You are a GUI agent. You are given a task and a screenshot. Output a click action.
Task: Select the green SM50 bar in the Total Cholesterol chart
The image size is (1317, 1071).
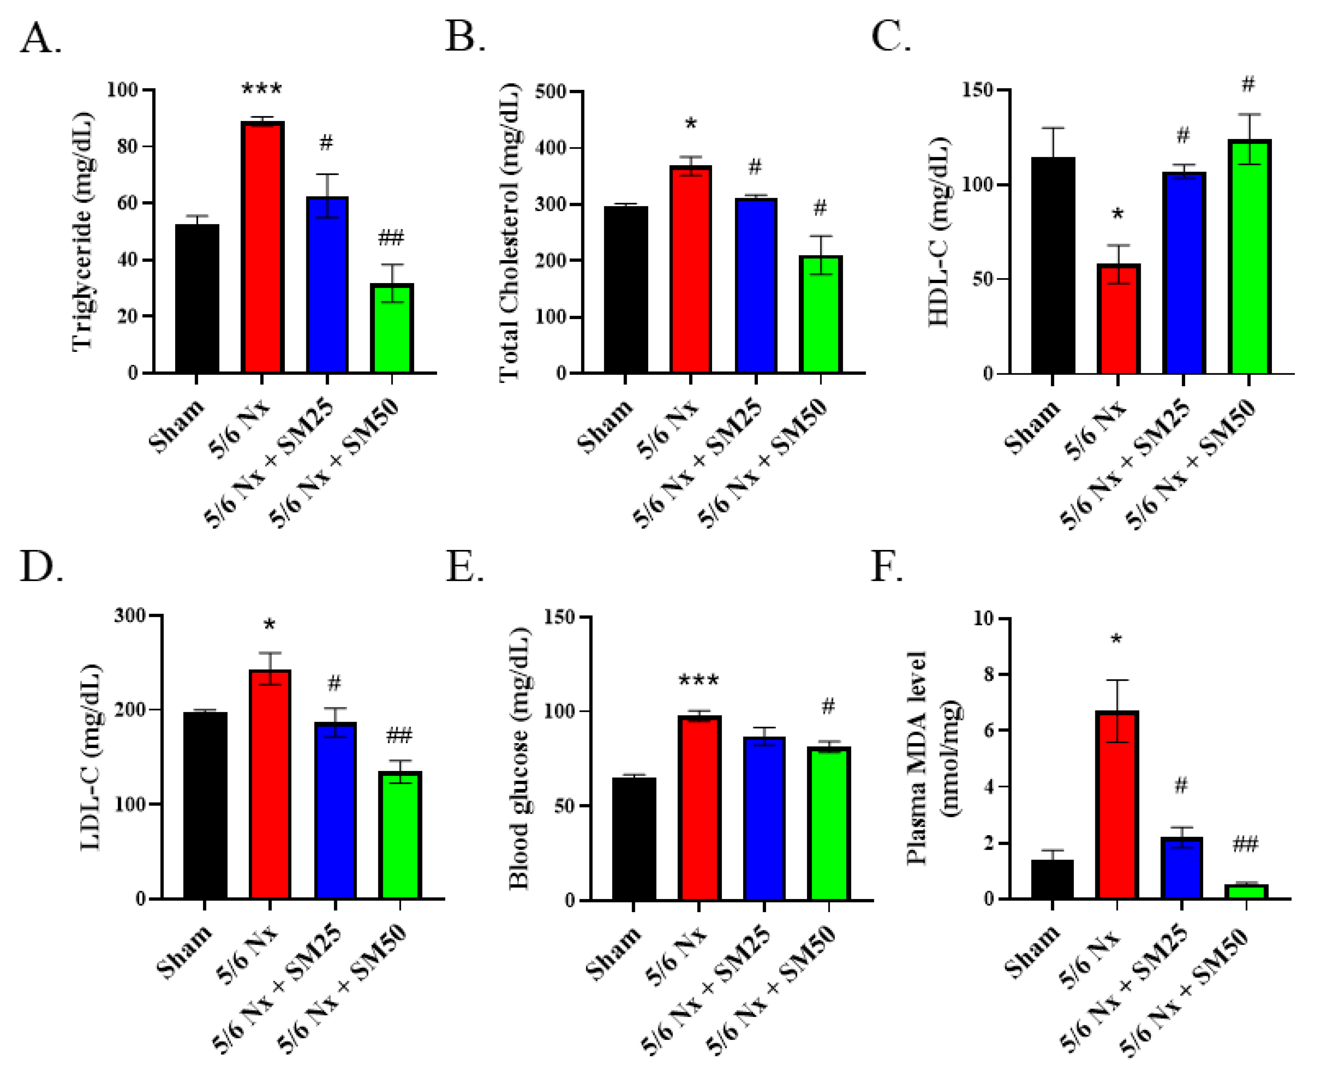(x=820, y=314)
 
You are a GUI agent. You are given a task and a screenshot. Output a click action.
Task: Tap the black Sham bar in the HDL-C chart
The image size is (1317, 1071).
(x=1052, y=265)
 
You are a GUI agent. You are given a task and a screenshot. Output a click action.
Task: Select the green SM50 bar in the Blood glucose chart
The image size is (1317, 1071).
(x=829, y=824)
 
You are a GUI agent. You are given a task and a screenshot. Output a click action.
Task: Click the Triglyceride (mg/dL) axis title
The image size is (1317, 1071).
(x=83, y=231)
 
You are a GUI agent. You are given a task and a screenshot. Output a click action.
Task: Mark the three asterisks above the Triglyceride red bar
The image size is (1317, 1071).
(x=262, y=89)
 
